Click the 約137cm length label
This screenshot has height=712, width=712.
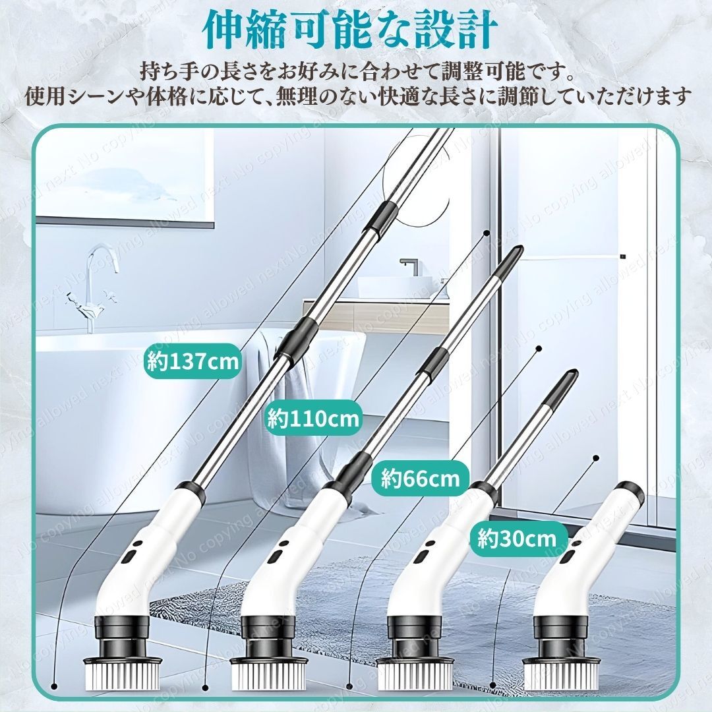click(x=192, y=363)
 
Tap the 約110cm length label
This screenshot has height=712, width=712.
click(x=314, y=419)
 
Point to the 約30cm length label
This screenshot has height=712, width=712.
click(x=518, y=539)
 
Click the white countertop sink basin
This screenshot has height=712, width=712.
click(x=389, y=287)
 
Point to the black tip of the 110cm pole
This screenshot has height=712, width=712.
click(x=514, y=256)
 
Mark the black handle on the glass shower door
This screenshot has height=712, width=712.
click(x=621, y=256)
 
